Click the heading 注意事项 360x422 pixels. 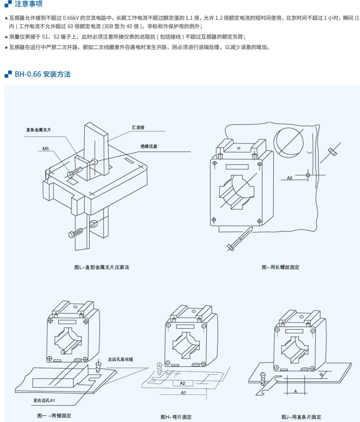click(28, 5)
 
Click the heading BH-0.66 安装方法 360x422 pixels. click(42, 74)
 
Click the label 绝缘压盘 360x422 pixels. click(149, 146)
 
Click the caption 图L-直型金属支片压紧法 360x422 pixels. click(102, 268)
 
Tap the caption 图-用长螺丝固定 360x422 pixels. click(280, 268)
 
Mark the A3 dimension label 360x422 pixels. click(289, 178)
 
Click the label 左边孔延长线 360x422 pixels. click(120, 359)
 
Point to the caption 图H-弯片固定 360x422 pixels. click(176, 417)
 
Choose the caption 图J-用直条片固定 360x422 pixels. click(301, 417)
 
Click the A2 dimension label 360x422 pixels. click(182, 383)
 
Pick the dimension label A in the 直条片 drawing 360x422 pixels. click(295, 391)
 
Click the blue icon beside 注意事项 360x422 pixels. click(8, 5)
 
